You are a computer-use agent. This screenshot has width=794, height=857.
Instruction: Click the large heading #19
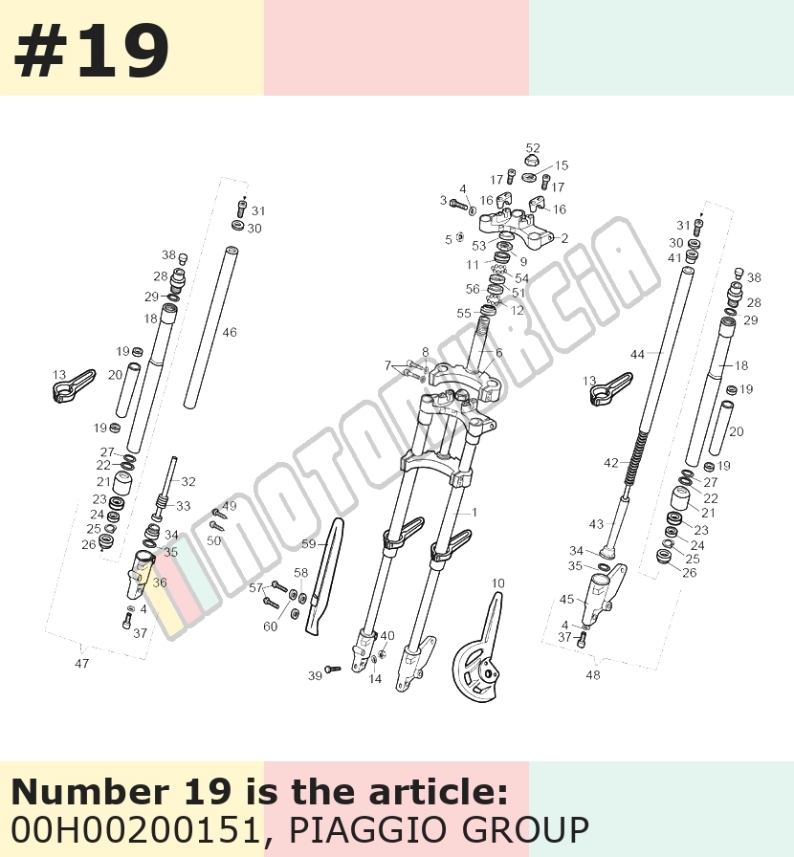click(x=91, y=51)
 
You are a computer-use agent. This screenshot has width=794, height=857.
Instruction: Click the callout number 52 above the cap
click(x=533, y=148)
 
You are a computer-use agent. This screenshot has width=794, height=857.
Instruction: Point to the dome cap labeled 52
click(x=533, y=161)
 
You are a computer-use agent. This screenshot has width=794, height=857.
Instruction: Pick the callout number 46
click(x=230, y=332)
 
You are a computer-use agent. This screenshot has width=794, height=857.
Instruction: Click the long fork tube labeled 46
click(x=211, y=327)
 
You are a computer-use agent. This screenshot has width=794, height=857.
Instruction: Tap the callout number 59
click(x=309, y=544)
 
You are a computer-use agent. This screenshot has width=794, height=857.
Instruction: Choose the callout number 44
click(x=638, y=355)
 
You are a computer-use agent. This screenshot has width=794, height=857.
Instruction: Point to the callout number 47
click(x=81, y=664)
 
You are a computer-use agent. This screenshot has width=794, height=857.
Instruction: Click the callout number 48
click(x=593, y=675)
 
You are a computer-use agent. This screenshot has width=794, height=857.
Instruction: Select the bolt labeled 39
click(x=332, y=669)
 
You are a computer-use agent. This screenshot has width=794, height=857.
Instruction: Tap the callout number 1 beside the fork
click(x=474, y=512)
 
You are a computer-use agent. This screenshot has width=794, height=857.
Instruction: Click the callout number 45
click(x=566, y=599)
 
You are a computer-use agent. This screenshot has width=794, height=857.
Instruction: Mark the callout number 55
click(x=464, y=313)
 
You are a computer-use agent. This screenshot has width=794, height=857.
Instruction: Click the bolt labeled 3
click(x=459, y=205)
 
